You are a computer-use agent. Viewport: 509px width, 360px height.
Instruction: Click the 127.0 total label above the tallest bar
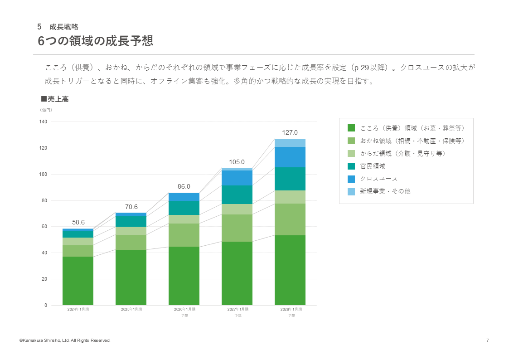(290, 132)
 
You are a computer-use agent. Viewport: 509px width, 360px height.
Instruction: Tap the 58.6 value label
(78, 222)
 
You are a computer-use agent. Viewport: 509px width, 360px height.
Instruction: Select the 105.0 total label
(237, 162)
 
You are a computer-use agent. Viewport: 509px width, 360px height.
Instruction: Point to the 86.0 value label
(184, 186)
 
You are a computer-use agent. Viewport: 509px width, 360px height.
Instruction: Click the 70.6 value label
(131, 207)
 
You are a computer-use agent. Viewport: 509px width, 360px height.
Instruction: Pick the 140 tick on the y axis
(44, 122)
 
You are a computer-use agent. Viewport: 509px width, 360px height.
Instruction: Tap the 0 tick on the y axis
(46, 305)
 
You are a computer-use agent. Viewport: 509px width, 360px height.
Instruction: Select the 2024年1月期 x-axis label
(78, 309)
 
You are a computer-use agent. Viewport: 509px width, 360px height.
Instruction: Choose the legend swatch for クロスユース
(351, 179)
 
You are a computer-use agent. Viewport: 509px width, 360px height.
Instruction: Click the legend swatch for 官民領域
(351, 166)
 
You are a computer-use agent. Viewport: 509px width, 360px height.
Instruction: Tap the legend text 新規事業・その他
(385, 191)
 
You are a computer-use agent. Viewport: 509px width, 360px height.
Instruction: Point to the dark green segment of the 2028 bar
(290, 270)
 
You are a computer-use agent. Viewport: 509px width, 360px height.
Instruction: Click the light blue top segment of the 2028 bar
(290, 143)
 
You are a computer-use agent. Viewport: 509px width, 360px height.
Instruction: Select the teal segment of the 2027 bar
(237, 195)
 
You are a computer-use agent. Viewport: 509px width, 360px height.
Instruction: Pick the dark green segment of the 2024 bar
(78, 281)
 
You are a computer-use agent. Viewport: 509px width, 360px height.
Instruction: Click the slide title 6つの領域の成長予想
(95, 41)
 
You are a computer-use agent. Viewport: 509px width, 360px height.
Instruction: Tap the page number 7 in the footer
(487, 341)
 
